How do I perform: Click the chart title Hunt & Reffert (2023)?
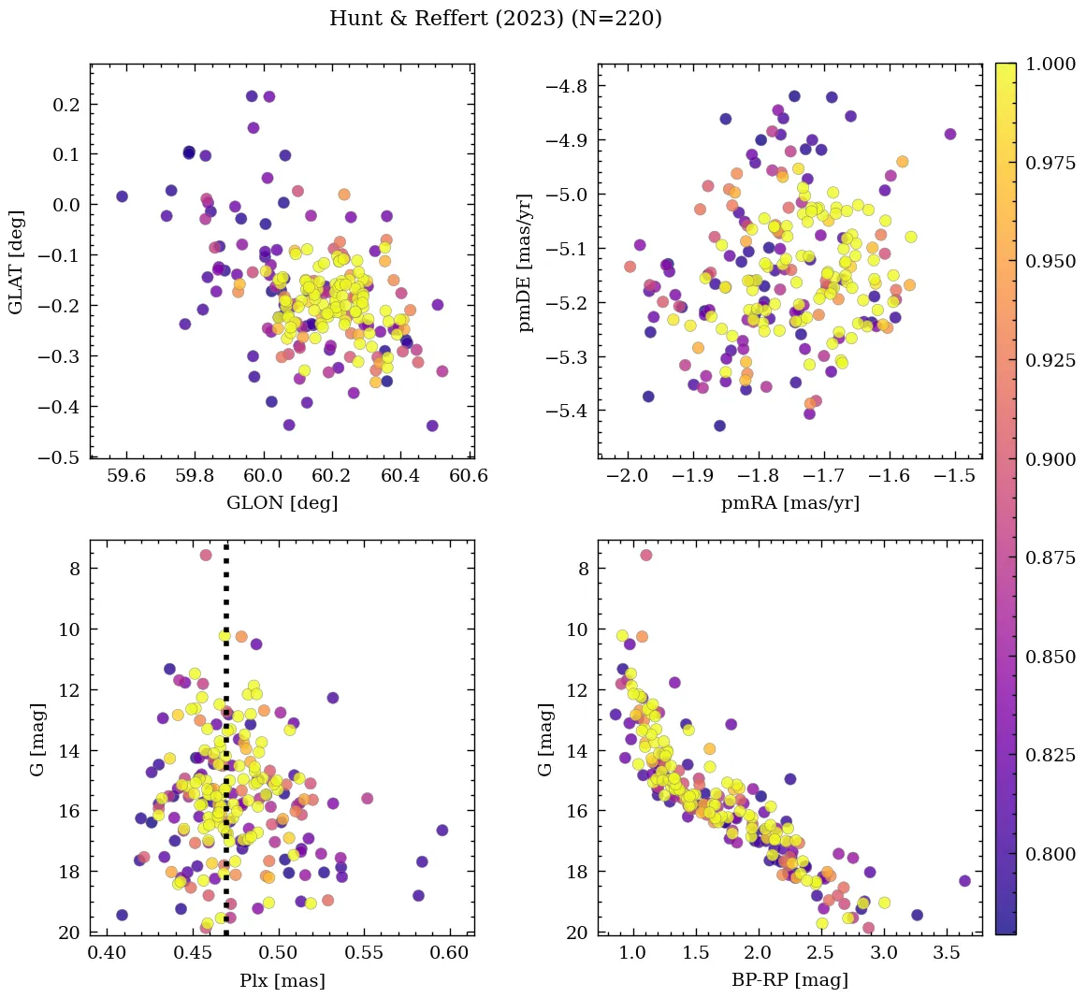[496, 19]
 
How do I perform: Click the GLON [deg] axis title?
[282, 503]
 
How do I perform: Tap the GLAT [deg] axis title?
[16, 261]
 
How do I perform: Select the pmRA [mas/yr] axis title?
[789, 503]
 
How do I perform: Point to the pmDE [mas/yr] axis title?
[526, 261]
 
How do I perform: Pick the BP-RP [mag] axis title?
[789, 981]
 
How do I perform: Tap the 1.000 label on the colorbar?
[1050, 65]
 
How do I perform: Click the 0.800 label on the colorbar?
[1050, 854]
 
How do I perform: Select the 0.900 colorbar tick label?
[1050, 459]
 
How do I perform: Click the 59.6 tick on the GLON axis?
[126, 476]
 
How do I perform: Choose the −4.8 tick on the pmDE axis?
[567, 87]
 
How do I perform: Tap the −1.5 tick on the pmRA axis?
[954, 476]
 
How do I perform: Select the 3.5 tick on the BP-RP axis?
[946, 953]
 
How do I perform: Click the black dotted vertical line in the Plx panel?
[226, 748]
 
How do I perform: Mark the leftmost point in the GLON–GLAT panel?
[122, 196]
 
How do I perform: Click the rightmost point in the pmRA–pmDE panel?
[950, 134]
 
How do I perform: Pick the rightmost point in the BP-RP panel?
[964, 881]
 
